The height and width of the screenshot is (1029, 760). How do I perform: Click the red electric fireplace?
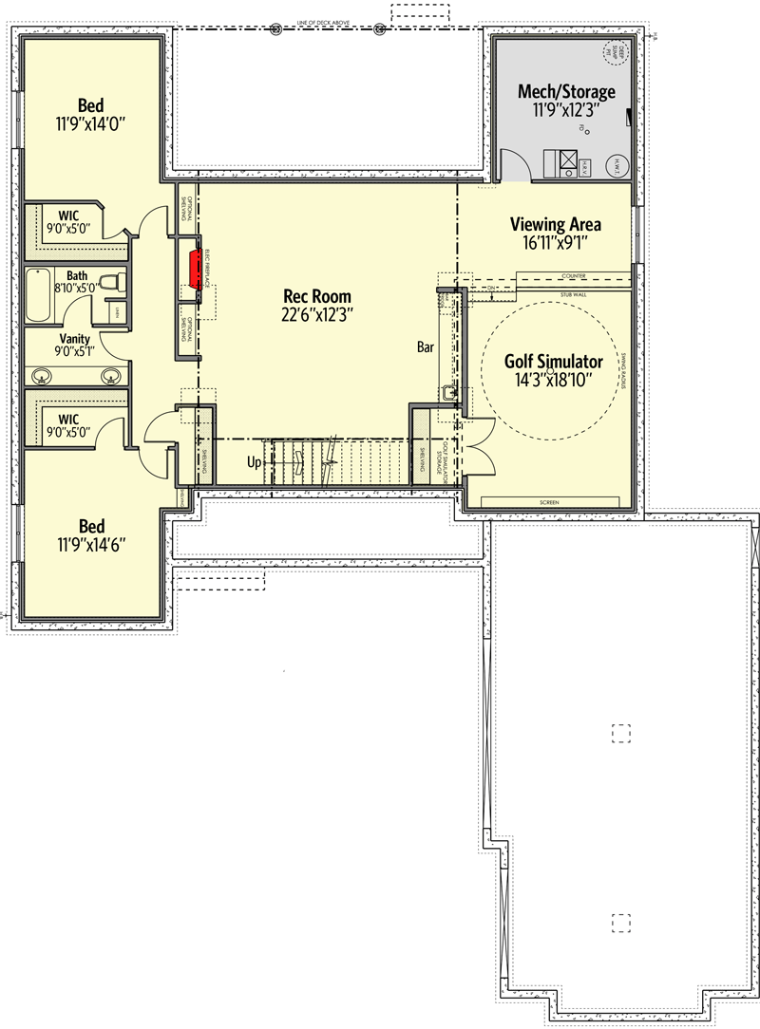click(195, 269)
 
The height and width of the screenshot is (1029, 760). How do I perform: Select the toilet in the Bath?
click(112, 281)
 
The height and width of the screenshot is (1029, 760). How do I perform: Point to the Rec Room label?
click(311, 296)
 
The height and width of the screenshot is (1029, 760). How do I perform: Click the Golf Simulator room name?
click(553, 362)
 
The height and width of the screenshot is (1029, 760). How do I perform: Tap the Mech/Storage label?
click(566, 92)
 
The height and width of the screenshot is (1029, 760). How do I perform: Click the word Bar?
click(426, 347)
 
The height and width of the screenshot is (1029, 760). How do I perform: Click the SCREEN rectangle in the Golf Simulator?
click(549, 501)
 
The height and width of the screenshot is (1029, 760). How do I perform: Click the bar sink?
click(447, 390)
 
